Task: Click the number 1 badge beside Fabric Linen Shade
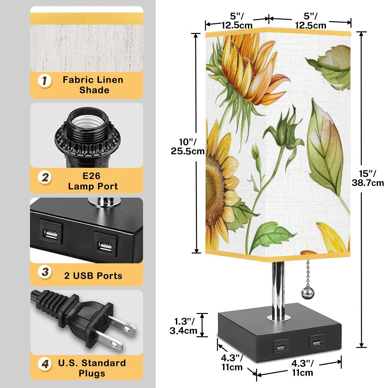click(x=45, y=81)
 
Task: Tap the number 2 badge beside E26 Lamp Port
click(x=45, y=178)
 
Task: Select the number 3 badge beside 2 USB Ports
click(x=45, y=272)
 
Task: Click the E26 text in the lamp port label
click(x=92, y=176)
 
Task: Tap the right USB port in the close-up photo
click(x=105, y=244)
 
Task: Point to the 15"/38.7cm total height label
click(x=368, y=178)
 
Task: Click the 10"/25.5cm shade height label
click(x=188, y=146)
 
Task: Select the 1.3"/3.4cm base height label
click(x=183, y=326)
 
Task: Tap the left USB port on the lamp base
click(x=281, y=347)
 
